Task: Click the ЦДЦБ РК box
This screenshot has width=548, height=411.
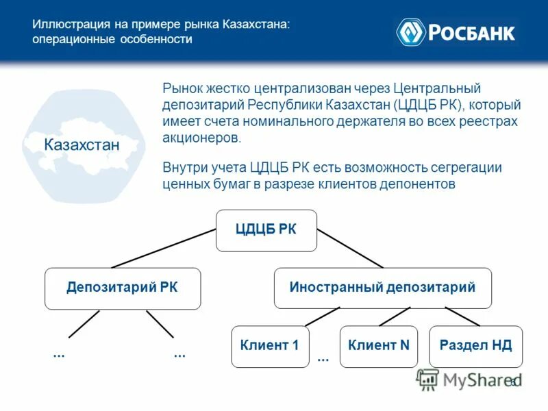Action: tap(266, 230)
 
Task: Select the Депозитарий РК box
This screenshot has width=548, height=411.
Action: tap(123, 288)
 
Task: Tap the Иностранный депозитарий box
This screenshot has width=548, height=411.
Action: tap(383, 288)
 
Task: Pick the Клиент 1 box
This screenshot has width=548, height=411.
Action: tap(270, 346)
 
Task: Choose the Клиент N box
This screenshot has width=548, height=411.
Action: tap(379, 346)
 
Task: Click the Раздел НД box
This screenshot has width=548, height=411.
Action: tap(475, 346)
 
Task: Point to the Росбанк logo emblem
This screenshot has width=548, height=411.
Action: tap(411, 32)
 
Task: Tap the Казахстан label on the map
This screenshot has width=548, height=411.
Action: tap(82, 145)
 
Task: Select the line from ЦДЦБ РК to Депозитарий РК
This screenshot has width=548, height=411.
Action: tap(164, 248)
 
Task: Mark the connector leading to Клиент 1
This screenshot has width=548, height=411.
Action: tap(322, 316)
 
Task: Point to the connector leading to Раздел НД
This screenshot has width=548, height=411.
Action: tap(462, 316)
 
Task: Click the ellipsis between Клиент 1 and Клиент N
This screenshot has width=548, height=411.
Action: tap(323, 358)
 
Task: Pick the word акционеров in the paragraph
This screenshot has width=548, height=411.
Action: tap(202, 138)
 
